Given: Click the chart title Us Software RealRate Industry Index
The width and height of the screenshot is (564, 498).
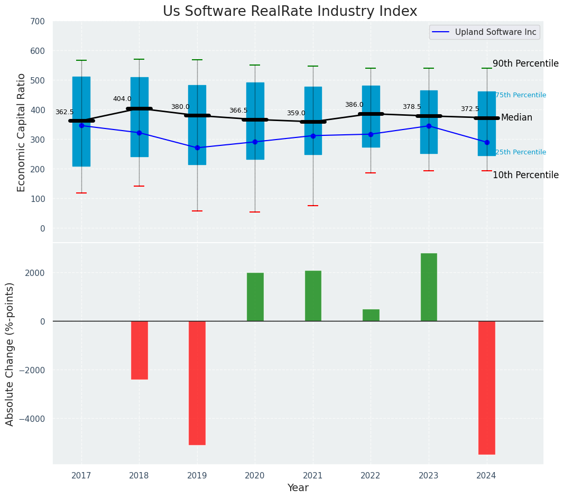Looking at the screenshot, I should (x=290, y=12).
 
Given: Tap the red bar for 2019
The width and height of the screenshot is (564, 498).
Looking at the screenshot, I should (x=197, y=383).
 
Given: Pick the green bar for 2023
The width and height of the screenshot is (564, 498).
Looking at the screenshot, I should (x=429, y=287).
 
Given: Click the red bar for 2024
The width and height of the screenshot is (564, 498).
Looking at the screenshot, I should (x=486, y=388).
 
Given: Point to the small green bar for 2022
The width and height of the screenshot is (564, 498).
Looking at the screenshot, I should (x=371, y=315).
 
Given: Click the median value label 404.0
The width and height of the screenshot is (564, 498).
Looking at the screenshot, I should (x=122, y=99).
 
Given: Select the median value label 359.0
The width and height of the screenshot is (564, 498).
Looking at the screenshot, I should (x=296, y=113).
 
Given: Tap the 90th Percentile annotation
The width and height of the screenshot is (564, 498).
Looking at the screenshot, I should (x=525, y=63).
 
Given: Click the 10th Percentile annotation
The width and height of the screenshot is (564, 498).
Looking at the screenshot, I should (x=525, y=175).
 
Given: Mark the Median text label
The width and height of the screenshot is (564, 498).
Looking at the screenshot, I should (x=516, y=117).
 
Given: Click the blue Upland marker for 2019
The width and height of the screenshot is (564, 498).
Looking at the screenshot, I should (x=197, y=147).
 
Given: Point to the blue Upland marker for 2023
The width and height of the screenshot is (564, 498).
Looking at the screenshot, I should (x=429, y=126).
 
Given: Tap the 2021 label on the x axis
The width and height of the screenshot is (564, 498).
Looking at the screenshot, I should (x=313, y=475).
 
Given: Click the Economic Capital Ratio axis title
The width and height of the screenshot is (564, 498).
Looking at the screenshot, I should (x=22, y=132).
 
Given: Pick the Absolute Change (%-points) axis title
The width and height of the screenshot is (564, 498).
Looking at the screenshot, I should (x=10, y=354).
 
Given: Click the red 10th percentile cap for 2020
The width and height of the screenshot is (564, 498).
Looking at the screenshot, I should (x=255, y=212).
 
